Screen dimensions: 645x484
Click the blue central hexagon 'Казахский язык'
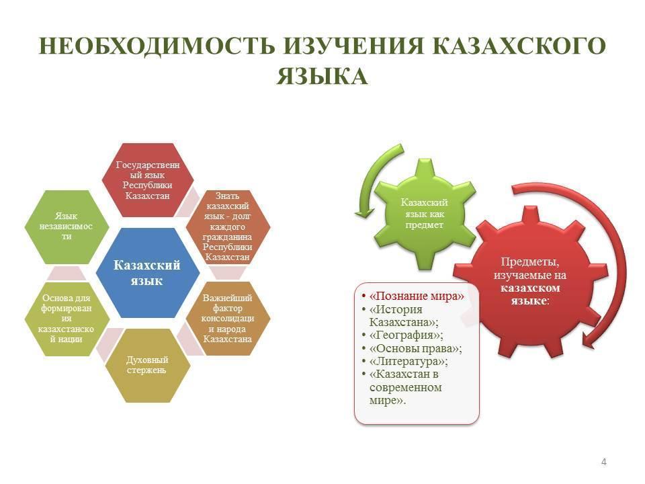coord(147,273)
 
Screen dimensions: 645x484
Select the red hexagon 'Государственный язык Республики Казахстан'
coord(148,180)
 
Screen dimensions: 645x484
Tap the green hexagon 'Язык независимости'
coord(67,227)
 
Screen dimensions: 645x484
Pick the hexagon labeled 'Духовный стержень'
coord(147,365)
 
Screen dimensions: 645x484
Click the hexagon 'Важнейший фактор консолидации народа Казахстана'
coord(228,319)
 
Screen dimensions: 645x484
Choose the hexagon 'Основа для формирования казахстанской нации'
coord(67,319)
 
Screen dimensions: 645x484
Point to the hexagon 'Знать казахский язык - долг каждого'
coord(228,227)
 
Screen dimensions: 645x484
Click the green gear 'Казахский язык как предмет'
coord(425,214)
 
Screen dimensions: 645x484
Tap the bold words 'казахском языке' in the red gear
coord(530,294)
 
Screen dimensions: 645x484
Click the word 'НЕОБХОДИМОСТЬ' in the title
coord(157,46)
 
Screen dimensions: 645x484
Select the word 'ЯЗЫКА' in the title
coord(322,77)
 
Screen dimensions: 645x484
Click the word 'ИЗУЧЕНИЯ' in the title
coord(354,46)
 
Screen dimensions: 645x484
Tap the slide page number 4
coord(603,462)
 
